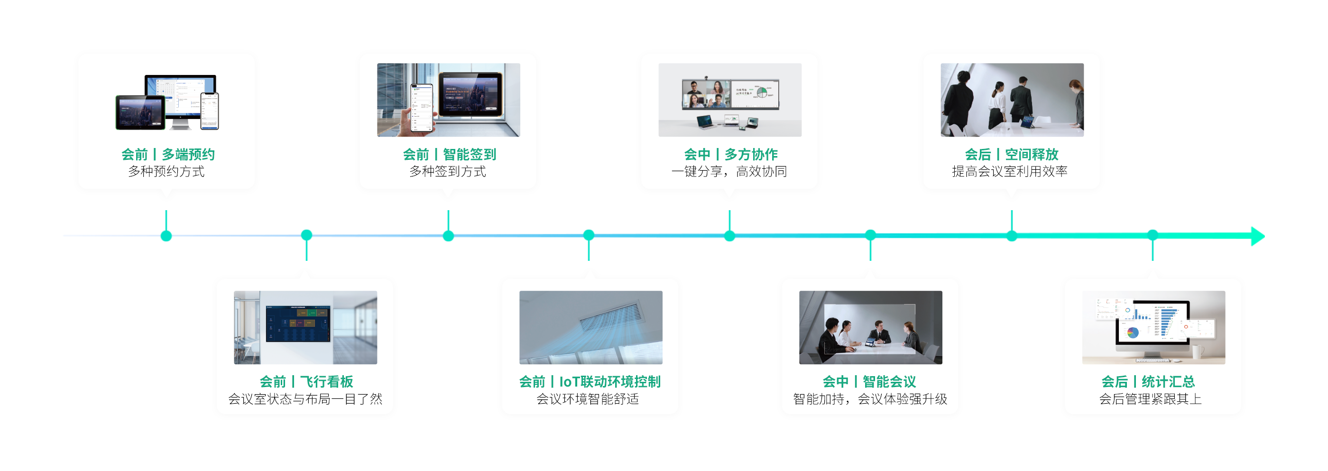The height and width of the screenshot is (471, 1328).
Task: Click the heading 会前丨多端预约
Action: coord(167,154)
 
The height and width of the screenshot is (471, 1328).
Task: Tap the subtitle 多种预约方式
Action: coord(166,171)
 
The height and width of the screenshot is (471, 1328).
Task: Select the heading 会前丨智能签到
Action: coord(449,154)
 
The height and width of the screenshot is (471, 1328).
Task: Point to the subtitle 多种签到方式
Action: coord(447,171)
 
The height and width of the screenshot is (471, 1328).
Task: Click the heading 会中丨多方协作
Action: coord(730,154)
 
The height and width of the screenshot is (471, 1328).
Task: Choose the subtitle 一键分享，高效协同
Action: coord(729,171)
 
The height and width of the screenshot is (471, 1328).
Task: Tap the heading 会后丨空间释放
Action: coord(1012,154)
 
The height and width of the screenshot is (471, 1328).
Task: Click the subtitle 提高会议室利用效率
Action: coord(1009,171)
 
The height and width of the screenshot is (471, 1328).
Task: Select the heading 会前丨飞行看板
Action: coord(306,381)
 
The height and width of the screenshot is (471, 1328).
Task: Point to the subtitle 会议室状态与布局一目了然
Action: coord(305,398)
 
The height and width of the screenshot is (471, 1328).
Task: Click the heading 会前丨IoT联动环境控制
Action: coord(590,381)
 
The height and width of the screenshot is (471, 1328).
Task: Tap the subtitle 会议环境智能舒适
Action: coord(588,398)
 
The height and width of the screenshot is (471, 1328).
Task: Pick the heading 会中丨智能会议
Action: coord(869,381)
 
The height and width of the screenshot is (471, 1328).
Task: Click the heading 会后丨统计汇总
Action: coord(1148,381)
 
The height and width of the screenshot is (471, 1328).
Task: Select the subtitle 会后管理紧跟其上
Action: coord(1150,398)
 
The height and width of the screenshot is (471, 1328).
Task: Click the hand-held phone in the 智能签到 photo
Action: coord(421,108)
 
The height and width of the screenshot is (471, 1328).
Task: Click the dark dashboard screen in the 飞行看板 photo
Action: coord(298,323)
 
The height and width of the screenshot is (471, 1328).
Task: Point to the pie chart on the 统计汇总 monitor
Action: coord(1133,332)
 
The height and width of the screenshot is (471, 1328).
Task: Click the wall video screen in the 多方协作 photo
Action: coord(730,94)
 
